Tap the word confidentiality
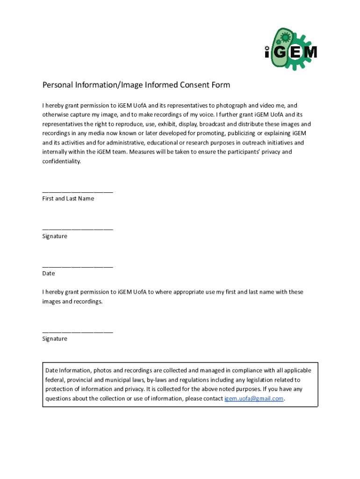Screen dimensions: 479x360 (62, 161)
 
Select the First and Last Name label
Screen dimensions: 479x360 (68, 199)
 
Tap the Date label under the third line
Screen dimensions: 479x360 (49, 274)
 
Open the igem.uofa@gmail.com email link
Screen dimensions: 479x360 (254, 399)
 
